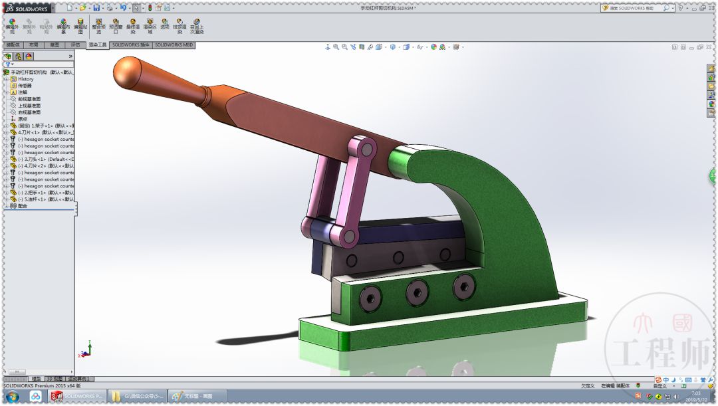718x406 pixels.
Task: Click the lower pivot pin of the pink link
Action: (348, 234)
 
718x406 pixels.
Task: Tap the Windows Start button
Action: (13, 397)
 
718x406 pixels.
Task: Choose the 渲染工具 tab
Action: (97, 45)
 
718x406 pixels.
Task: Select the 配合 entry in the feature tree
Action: (23, 206)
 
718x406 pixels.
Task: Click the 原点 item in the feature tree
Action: (23, 119)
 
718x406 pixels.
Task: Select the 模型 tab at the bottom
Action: (36, 379)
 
